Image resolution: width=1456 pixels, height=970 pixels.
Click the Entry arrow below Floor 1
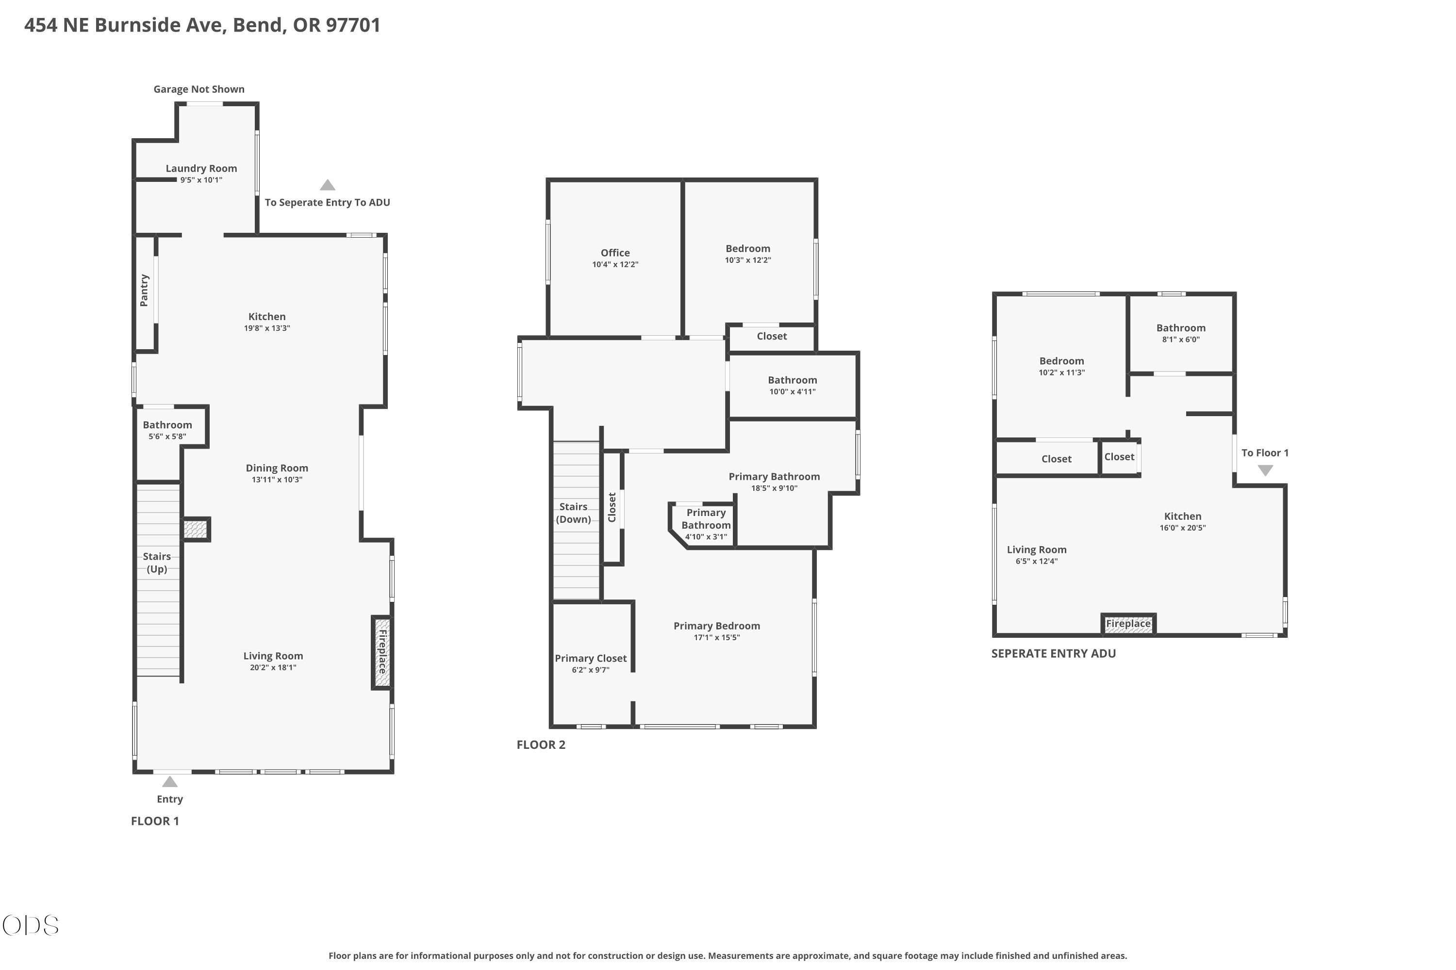[x=169, y=782]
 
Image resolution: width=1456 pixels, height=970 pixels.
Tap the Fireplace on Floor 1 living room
[x=382, y=652]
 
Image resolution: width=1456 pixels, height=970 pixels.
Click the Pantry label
[x=144, y=290]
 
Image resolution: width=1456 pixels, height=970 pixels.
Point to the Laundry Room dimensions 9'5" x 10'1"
[x=201, y=180]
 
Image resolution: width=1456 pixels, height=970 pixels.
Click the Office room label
[x=615, y=252]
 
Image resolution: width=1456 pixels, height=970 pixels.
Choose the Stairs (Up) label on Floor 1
[x=157, y=562]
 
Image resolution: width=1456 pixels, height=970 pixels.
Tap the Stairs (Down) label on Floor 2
[x=573, y=513]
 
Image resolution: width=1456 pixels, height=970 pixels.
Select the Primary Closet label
[x=591, y=658]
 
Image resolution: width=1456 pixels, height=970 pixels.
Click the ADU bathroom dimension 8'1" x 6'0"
[x=1180, y=339]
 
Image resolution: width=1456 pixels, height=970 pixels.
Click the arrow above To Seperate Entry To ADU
[x=328, y=185]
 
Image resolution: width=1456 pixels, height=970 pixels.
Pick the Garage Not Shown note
[x=199, y=89]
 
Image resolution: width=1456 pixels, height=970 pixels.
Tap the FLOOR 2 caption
[x=541, y=745]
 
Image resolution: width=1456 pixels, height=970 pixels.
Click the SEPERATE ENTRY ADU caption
[x=1054, y=654]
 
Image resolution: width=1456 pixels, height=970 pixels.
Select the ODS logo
[x=30, y=925]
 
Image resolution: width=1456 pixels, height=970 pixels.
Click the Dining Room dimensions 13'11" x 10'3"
[x=277, y=480]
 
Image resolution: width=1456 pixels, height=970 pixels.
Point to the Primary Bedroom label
[x=717, y=626]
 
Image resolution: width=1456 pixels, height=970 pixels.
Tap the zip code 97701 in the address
[x=353, y=25]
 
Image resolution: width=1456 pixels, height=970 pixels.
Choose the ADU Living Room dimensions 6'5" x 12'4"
[x=1036, y=561]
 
